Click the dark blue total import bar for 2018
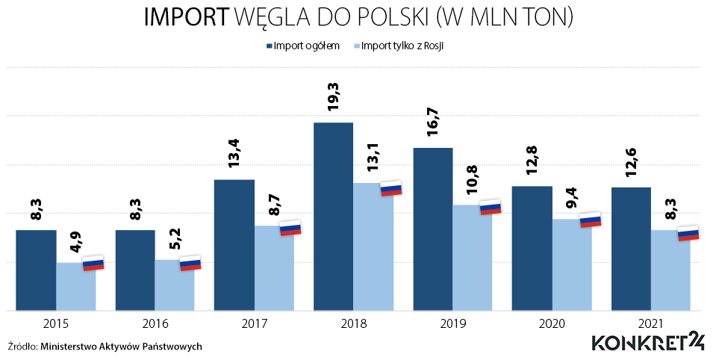[x=333, y=217]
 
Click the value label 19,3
[x=334, y=96]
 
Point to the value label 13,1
[x=373, y=158]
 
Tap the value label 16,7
[x=432, y=122]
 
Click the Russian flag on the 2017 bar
[x=290, y=228]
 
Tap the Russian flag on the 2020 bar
[x=591, y=220]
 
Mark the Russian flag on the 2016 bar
[x=190, y=263]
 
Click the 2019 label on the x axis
[x=452, y=324]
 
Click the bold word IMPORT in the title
[x=186, y=19]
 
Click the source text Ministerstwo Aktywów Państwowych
[x=121, y=347]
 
